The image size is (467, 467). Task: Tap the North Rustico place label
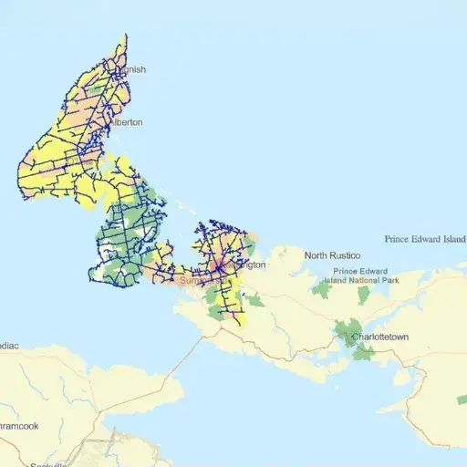coord(332,255)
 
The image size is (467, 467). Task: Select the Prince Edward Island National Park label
coord(360,276)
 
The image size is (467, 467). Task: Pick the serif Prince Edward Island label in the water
coord(425,239)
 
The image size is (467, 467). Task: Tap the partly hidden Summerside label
coord(196,281)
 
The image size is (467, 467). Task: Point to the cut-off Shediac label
coord(9,347)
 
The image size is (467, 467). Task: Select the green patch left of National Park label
coord(321,289)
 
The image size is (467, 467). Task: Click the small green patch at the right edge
coord(462,399)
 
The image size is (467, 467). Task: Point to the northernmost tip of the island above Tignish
coord(125,36)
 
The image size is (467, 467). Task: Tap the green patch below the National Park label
coord(364,295)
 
